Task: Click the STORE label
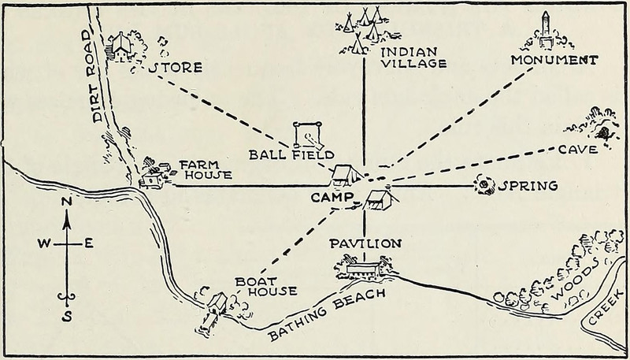[x=175, y=68]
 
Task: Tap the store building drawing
[x=119, y=46]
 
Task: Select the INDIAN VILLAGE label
[x=413, y=58]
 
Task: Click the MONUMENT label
[x=554, y=61]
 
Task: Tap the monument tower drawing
[x=545, y=29]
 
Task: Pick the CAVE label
[x=578, y=150]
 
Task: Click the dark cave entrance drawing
[x=603, y=132]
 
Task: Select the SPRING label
[x=528, y=186]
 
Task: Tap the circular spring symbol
[x=484, y=185]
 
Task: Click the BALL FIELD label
[x=291, y=154]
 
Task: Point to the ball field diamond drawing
[x=309, y=134]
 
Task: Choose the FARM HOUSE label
[x=206, y=170]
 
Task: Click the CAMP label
[x=332, y=197]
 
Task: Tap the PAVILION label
[x=365, y=243]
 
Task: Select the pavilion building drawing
[x=364, y=269]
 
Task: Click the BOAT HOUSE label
[x=266, y=287]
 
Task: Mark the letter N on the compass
[x=67, y=202]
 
